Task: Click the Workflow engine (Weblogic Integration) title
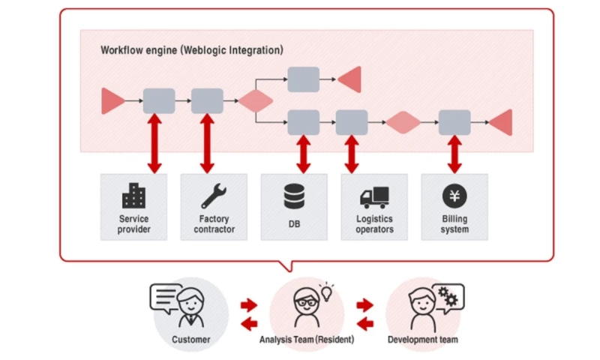click(x=192, y=50)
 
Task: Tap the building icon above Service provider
click(x=133, y=196)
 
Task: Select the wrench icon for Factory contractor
click(x=214, y=196)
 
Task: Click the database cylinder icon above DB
click(x=294, y=196)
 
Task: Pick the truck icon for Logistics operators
click(x=374, y=196)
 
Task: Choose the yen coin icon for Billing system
click(x=454, y=196)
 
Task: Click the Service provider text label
click(x=133, y=224)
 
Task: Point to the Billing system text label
click(x=454, y=224)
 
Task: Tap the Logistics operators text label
click(x=374, y=224)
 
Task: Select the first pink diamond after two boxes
click(x=255, y=100)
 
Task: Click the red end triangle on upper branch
click(x=350, y=79)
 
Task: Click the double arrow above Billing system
click(x=454, y=153)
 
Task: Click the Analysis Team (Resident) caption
click(x=307, y=340)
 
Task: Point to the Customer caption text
click(x=190, y=340)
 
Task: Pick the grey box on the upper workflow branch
click(x=303, y=79)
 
